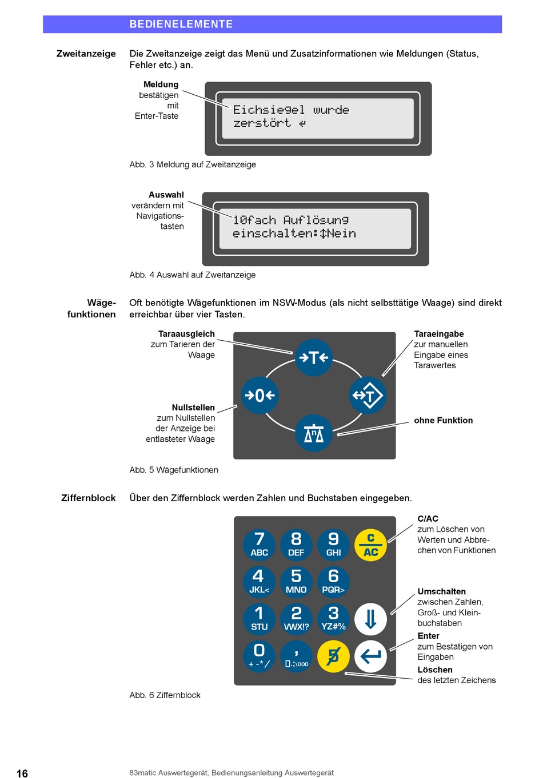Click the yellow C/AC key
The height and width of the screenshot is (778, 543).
tap(370, 545)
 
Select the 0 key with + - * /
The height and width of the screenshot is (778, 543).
tap(259, 656)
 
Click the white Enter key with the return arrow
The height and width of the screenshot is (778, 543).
tap(370, 656)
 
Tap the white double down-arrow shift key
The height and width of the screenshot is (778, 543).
tap(370, 619)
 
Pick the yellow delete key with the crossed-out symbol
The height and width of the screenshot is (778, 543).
tap(333, 656)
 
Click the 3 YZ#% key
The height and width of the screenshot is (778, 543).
tap(333, 619)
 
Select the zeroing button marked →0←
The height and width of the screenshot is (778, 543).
tap(260, 395)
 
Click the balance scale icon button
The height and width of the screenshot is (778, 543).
tap(314, 433)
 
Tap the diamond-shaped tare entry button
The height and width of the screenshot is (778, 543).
tap(368, 395)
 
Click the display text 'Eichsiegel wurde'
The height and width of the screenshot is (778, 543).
tap(291, 110)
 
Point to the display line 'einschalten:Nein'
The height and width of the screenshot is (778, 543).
tap(294, 233)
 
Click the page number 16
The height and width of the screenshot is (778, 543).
tap(22, 773)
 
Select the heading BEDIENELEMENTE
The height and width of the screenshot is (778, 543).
tap(181, 24)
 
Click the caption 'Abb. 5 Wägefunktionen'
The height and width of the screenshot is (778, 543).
tap(174, 470)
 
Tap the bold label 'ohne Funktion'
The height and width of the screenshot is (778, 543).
tap(443, 420)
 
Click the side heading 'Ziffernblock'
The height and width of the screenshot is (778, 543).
tap(89, 498)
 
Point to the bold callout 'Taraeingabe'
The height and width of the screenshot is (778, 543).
tap(438, 334)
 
